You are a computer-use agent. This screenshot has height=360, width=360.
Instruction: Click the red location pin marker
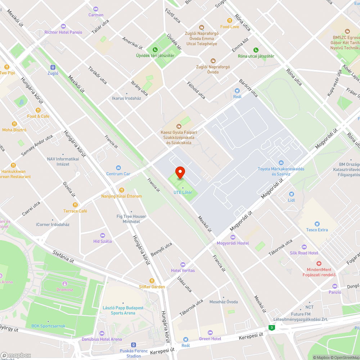pos(180,173)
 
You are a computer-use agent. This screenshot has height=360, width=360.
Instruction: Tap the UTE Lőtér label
pos(183,193)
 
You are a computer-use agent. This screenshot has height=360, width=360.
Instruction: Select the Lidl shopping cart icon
pos(291,194)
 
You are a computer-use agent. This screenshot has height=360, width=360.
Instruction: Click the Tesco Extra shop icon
pos(317,224)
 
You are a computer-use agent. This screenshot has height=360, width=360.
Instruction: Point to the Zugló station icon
pos(53,67)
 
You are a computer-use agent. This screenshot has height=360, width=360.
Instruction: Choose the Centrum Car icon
pos(118,168)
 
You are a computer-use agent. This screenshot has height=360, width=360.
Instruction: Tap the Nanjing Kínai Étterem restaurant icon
pos(122,190)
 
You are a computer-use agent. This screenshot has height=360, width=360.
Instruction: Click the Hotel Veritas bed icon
pos(183,264)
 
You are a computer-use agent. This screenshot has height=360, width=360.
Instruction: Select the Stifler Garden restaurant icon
pos(152,281)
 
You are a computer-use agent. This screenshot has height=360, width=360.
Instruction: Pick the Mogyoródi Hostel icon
pos(233,237)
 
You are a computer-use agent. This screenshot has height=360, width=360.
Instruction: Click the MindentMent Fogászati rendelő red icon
pos(319,264)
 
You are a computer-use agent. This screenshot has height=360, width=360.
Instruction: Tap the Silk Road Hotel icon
pos(304,247)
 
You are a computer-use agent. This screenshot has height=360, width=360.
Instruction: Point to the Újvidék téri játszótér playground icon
pos(155,49)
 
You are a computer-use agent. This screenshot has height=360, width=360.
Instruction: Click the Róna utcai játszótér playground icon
pos(256,50)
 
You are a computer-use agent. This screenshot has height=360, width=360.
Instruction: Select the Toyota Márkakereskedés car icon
pos(281,163)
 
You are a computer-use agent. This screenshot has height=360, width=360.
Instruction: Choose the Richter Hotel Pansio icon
pos(63,26)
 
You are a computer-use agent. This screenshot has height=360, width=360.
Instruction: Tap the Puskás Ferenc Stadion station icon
pos(134,345)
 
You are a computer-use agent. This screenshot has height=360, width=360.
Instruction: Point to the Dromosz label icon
pos(65,283)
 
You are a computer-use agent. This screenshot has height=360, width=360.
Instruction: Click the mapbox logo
pos(16,355)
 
